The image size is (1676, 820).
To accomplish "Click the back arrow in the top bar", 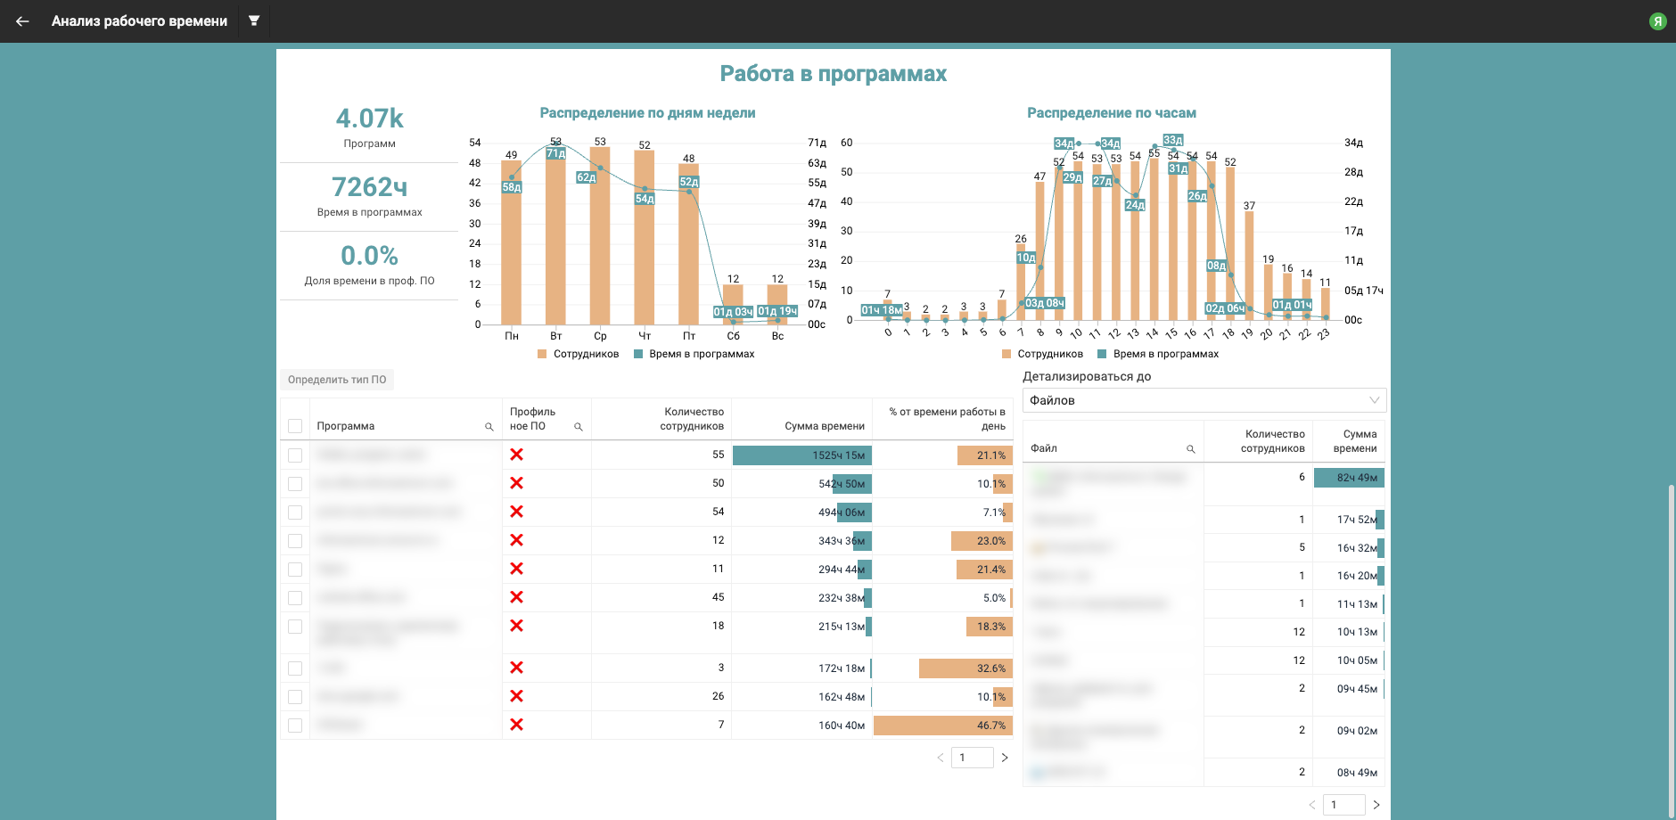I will point(22,21).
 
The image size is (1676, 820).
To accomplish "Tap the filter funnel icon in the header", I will point(254,20).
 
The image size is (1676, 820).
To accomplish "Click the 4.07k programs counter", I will point(369,119).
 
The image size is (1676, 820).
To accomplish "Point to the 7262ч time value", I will point(369,187).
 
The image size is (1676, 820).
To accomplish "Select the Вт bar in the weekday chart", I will point(555,241).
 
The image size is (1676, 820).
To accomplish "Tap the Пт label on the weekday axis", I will point(689,336).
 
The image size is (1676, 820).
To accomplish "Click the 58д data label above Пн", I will point(512,187).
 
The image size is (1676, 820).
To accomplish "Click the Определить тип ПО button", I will point(337,380).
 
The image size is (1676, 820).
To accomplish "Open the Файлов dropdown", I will point(1204,400).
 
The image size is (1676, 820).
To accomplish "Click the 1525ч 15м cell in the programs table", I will point(802,455).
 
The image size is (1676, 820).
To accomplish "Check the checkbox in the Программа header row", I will point(295,426).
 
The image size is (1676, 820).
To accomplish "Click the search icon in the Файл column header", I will point(1190,449).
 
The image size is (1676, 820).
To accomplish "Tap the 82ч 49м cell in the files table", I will point(1350,478).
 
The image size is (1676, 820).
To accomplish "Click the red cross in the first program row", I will point(516,455).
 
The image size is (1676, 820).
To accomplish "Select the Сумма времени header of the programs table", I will point(824,426).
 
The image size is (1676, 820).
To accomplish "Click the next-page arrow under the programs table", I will point(1005,758).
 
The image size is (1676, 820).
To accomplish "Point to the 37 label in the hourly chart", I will point(1249,206).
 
